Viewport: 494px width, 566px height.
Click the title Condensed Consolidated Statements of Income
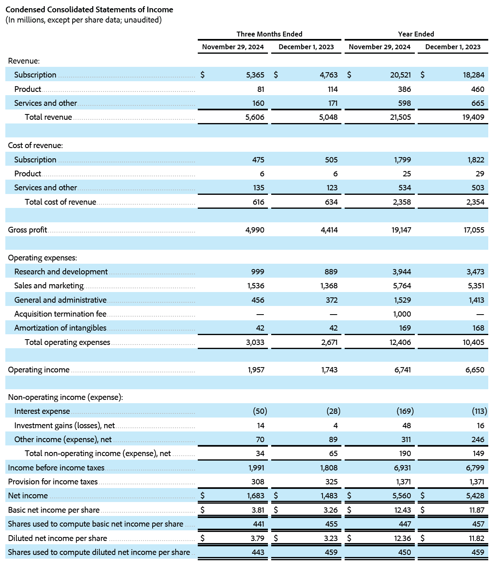click(x=89, y=9)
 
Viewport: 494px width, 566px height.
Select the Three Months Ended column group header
click(x=269, y=34)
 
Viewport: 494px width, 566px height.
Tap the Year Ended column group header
click(x=416, y=34)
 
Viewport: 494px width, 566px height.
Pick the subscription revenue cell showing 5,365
click(x=255, y=75)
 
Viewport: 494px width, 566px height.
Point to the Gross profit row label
click(x=27, y=230)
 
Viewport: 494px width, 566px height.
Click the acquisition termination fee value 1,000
click(x=402, y=314)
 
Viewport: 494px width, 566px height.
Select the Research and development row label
click(x=61, y=272)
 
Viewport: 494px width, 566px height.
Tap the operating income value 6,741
click(x=403, y=370)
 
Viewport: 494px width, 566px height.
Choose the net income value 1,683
click(x=256, y=496)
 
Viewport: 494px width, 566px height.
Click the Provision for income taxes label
click(x=53, y=482)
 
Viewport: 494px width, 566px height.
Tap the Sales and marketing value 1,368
click(x=329, y=286)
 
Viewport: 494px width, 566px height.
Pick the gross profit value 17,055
click(x=474, y=230)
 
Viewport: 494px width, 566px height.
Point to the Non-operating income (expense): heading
click(x=66, y=397)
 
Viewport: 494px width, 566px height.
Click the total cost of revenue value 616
click(x=258, y=202)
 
